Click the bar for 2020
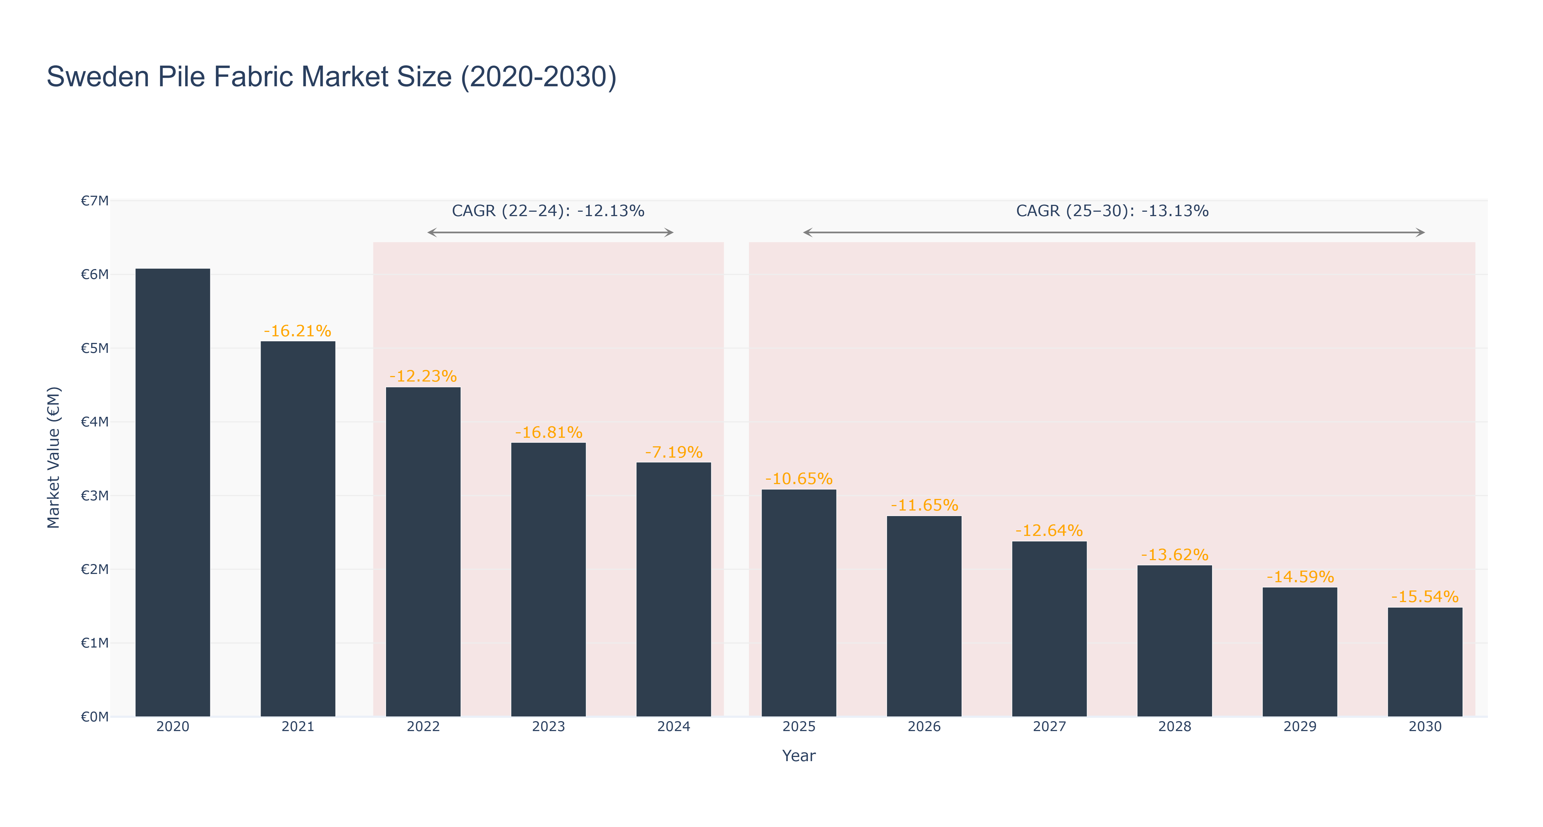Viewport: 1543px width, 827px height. pos(172,493)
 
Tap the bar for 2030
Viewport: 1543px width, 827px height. pos(1425,662)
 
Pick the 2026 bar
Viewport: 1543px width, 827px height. pos(924,616)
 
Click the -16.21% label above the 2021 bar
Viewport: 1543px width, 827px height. pos(298,331)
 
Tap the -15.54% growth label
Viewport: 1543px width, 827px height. pos(1425,597)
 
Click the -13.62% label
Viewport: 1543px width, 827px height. pos(1175,555)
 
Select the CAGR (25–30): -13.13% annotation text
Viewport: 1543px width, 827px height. pos(1112,211)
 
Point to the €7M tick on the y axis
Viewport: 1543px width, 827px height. pos(95,201)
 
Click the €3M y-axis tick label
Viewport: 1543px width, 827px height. pos(95,496)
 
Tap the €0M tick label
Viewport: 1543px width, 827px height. pos(95,717)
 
